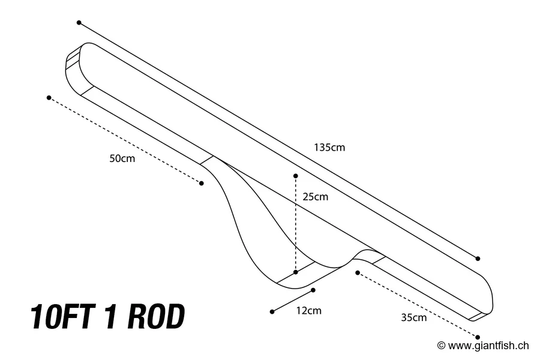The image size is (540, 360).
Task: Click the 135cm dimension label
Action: pyautogui.click(x=329, y=147)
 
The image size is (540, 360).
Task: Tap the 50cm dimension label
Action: pyautogui.click(x=122, y=158)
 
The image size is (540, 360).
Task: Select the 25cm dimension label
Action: pyautogui.click(x=315, y=196)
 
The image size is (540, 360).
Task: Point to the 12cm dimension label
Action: pyautogui.click(x=309, y=310)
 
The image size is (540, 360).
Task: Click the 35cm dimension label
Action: pyautogui.click(x=413, y=317)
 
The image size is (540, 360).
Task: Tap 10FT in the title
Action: pyautogui.click(x=62, y=317)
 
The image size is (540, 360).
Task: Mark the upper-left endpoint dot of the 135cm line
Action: pyautogui.click(x=79, y=22)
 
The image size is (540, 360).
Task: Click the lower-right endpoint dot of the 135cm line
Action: pyautogui.click(x=478, y=259)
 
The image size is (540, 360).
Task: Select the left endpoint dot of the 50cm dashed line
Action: pyautogui.click(x=49, y=97)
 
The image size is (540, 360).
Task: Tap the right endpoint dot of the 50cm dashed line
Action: pyautogui.click(x=202, y=183)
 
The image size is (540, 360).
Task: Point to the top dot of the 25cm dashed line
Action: pyautogui.click(x=296, y=176)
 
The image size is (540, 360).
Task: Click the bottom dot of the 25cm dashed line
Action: pyautogui.click(x=296, y=272)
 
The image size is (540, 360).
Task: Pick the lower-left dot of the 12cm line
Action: pyautogui.click(x=272, y=311)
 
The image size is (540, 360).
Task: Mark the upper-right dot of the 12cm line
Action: pyautogui.click(x=313, y=290)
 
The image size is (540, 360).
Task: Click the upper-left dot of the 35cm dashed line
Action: pyautogui.click(x=357, y=272)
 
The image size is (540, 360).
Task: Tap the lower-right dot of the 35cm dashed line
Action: pyautogui.click(x=478, y=337)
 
